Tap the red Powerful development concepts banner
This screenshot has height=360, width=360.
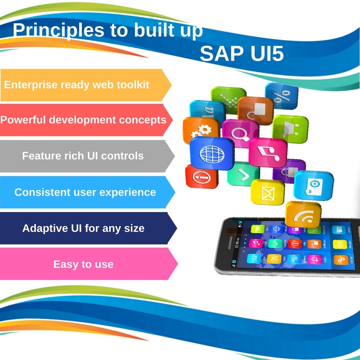coord(84,120)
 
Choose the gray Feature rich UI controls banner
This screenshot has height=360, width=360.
coord(83,156)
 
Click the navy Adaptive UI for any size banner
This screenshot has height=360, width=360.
coord(84,228)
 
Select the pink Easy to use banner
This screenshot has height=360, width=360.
coord(84,264)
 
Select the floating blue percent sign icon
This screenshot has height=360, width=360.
coord(281,96)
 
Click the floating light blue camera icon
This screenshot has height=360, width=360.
coord(313,184)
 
